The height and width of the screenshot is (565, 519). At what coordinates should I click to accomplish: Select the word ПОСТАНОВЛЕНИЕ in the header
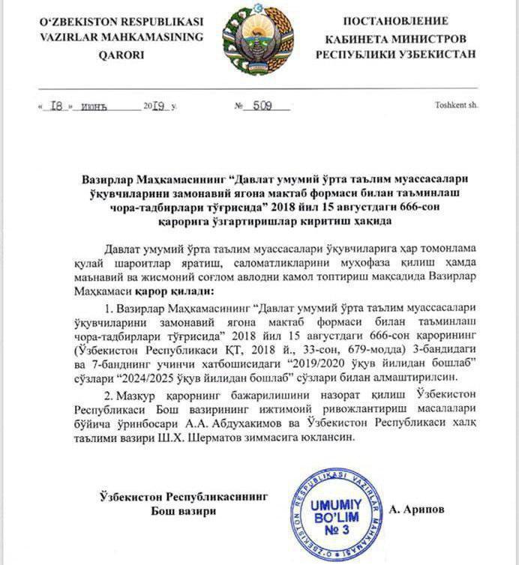pos(395,20)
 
